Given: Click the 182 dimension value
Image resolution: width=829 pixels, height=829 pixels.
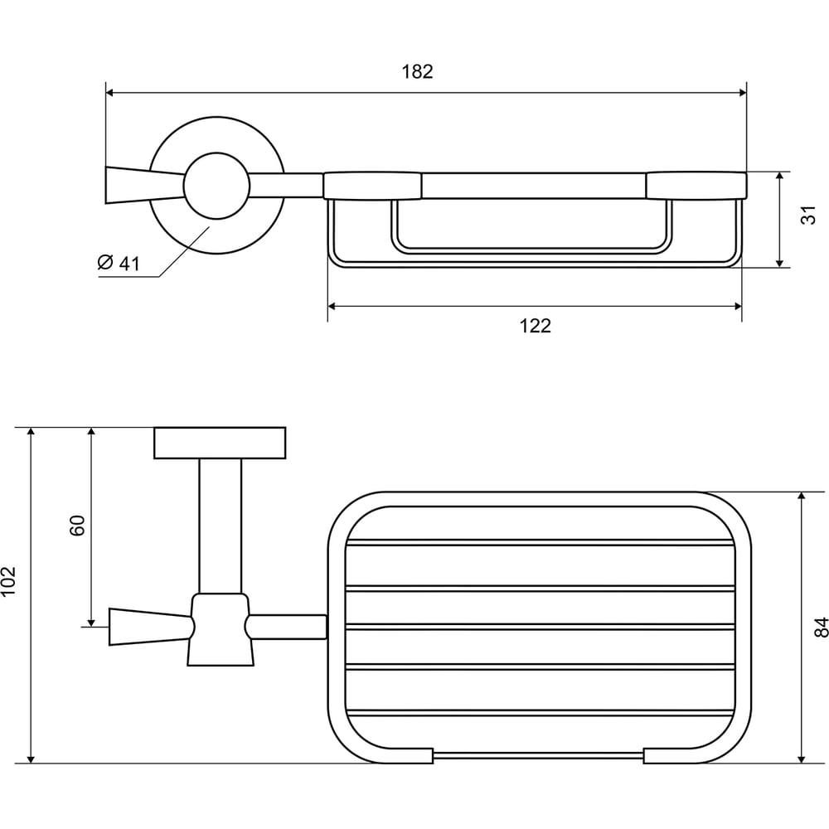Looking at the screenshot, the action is pyautogui.click(x=417, y=71).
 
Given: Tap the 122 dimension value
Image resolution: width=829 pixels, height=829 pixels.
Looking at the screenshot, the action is pyautogui.click(x=535, y=326).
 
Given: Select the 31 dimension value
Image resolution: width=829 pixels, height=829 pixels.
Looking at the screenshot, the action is pyautogui.click(x=808, y=216).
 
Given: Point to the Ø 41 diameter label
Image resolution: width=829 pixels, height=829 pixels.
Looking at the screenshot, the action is pyautogui.click(x=119, y=263).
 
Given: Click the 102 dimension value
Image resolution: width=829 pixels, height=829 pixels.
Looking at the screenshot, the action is pyautogui.click(x=9, y=581).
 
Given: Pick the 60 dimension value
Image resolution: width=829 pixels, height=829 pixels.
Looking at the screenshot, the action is pyautogui.click(x=77, y=526).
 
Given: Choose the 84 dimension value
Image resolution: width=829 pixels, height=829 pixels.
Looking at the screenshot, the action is pyautogui.click(x=821, y=627).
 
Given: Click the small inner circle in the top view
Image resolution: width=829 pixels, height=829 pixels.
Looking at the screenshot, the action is pyautogui.click(x=216, y=186).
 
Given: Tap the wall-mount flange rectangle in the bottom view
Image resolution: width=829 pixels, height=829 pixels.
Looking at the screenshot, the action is pyautogui.click(x=220, y=443).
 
